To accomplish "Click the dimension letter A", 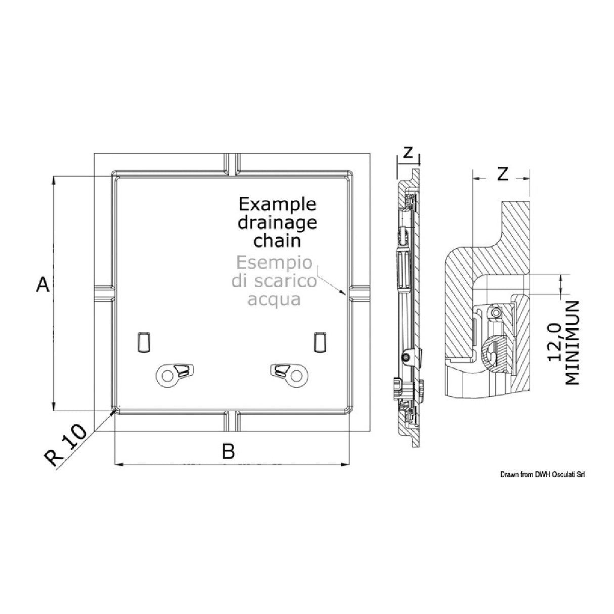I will point(43,284).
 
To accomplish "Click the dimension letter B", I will point(229,451).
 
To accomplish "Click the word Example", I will point(277,205).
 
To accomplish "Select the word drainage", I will point(277,223).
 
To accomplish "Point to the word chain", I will point(277,240).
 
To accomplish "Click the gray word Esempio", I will point(274,264).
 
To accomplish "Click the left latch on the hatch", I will point(173,374).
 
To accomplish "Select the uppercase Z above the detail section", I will point(502,174).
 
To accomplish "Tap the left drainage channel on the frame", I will point(104,293).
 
